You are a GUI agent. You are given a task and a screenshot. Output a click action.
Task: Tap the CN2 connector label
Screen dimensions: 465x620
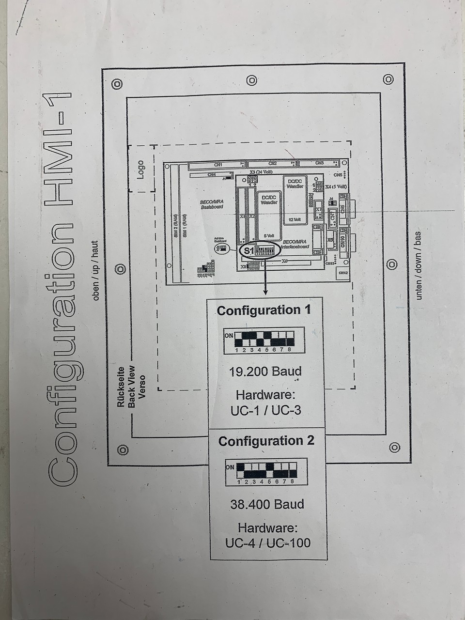(272, 164)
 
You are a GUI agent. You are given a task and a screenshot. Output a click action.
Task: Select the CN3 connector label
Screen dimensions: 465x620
(319, 163)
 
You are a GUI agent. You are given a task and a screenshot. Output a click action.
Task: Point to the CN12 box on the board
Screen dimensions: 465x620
(343, 273)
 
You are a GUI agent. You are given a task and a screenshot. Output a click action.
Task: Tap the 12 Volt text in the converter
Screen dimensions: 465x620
(294, 219)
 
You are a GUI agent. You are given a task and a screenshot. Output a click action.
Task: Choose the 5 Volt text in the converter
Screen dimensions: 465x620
(268, 236)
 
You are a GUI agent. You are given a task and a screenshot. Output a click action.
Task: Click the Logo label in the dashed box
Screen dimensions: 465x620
(140, 170)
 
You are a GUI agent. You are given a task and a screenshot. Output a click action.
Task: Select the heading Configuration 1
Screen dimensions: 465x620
(264, 310)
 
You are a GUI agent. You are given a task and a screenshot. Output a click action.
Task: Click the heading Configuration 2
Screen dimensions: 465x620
(266, 441)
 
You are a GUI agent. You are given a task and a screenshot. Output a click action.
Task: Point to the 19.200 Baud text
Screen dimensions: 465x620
(265, 372)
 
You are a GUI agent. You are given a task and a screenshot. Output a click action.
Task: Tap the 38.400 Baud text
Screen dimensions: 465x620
(267, 504)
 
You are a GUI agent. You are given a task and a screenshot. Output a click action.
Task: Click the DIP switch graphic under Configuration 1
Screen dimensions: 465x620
(264, 341)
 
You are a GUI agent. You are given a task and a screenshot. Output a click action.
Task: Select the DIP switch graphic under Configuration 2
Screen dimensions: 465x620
(266, 471)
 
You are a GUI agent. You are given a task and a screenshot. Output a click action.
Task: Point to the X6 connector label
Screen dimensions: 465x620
(285, 261)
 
